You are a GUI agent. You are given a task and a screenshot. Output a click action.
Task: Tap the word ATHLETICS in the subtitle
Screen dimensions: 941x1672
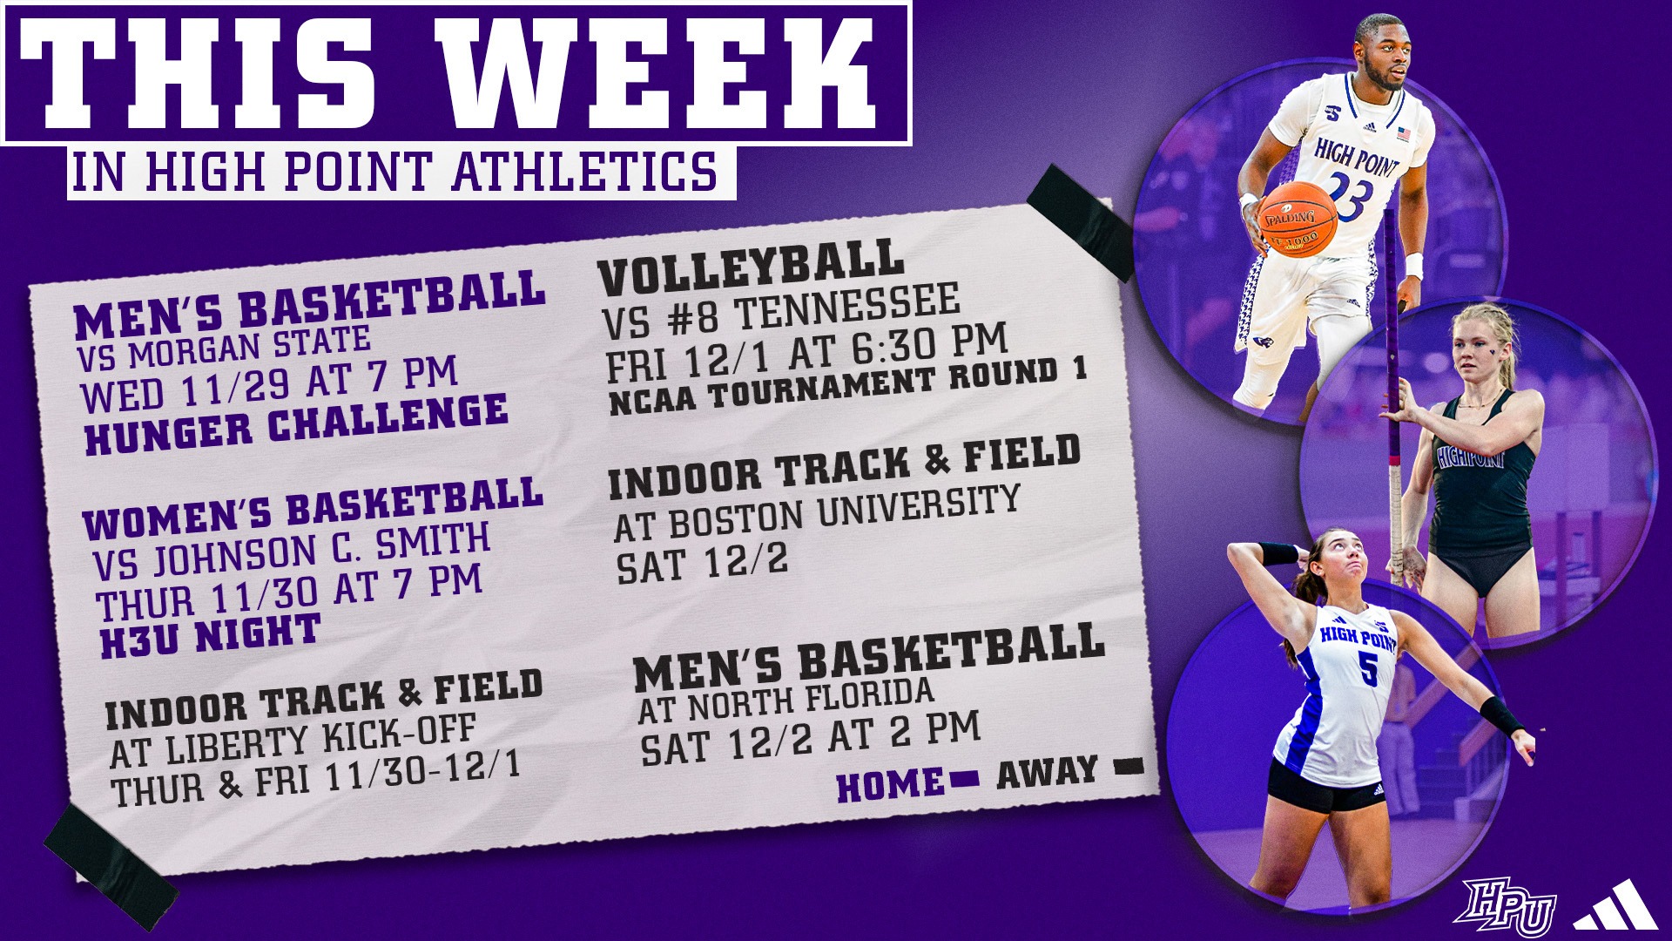pos(584,171)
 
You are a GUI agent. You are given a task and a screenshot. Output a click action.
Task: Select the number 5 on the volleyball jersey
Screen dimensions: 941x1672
pos(1368,668)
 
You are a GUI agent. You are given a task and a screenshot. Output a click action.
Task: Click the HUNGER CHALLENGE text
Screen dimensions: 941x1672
pos(296,423)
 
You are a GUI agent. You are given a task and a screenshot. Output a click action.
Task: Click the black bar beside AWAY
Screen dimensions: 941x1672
pos(1129,767)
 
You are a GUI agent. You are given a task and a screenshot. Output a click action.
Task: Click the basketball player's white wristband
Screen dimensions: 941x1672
pos(1412,264)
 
